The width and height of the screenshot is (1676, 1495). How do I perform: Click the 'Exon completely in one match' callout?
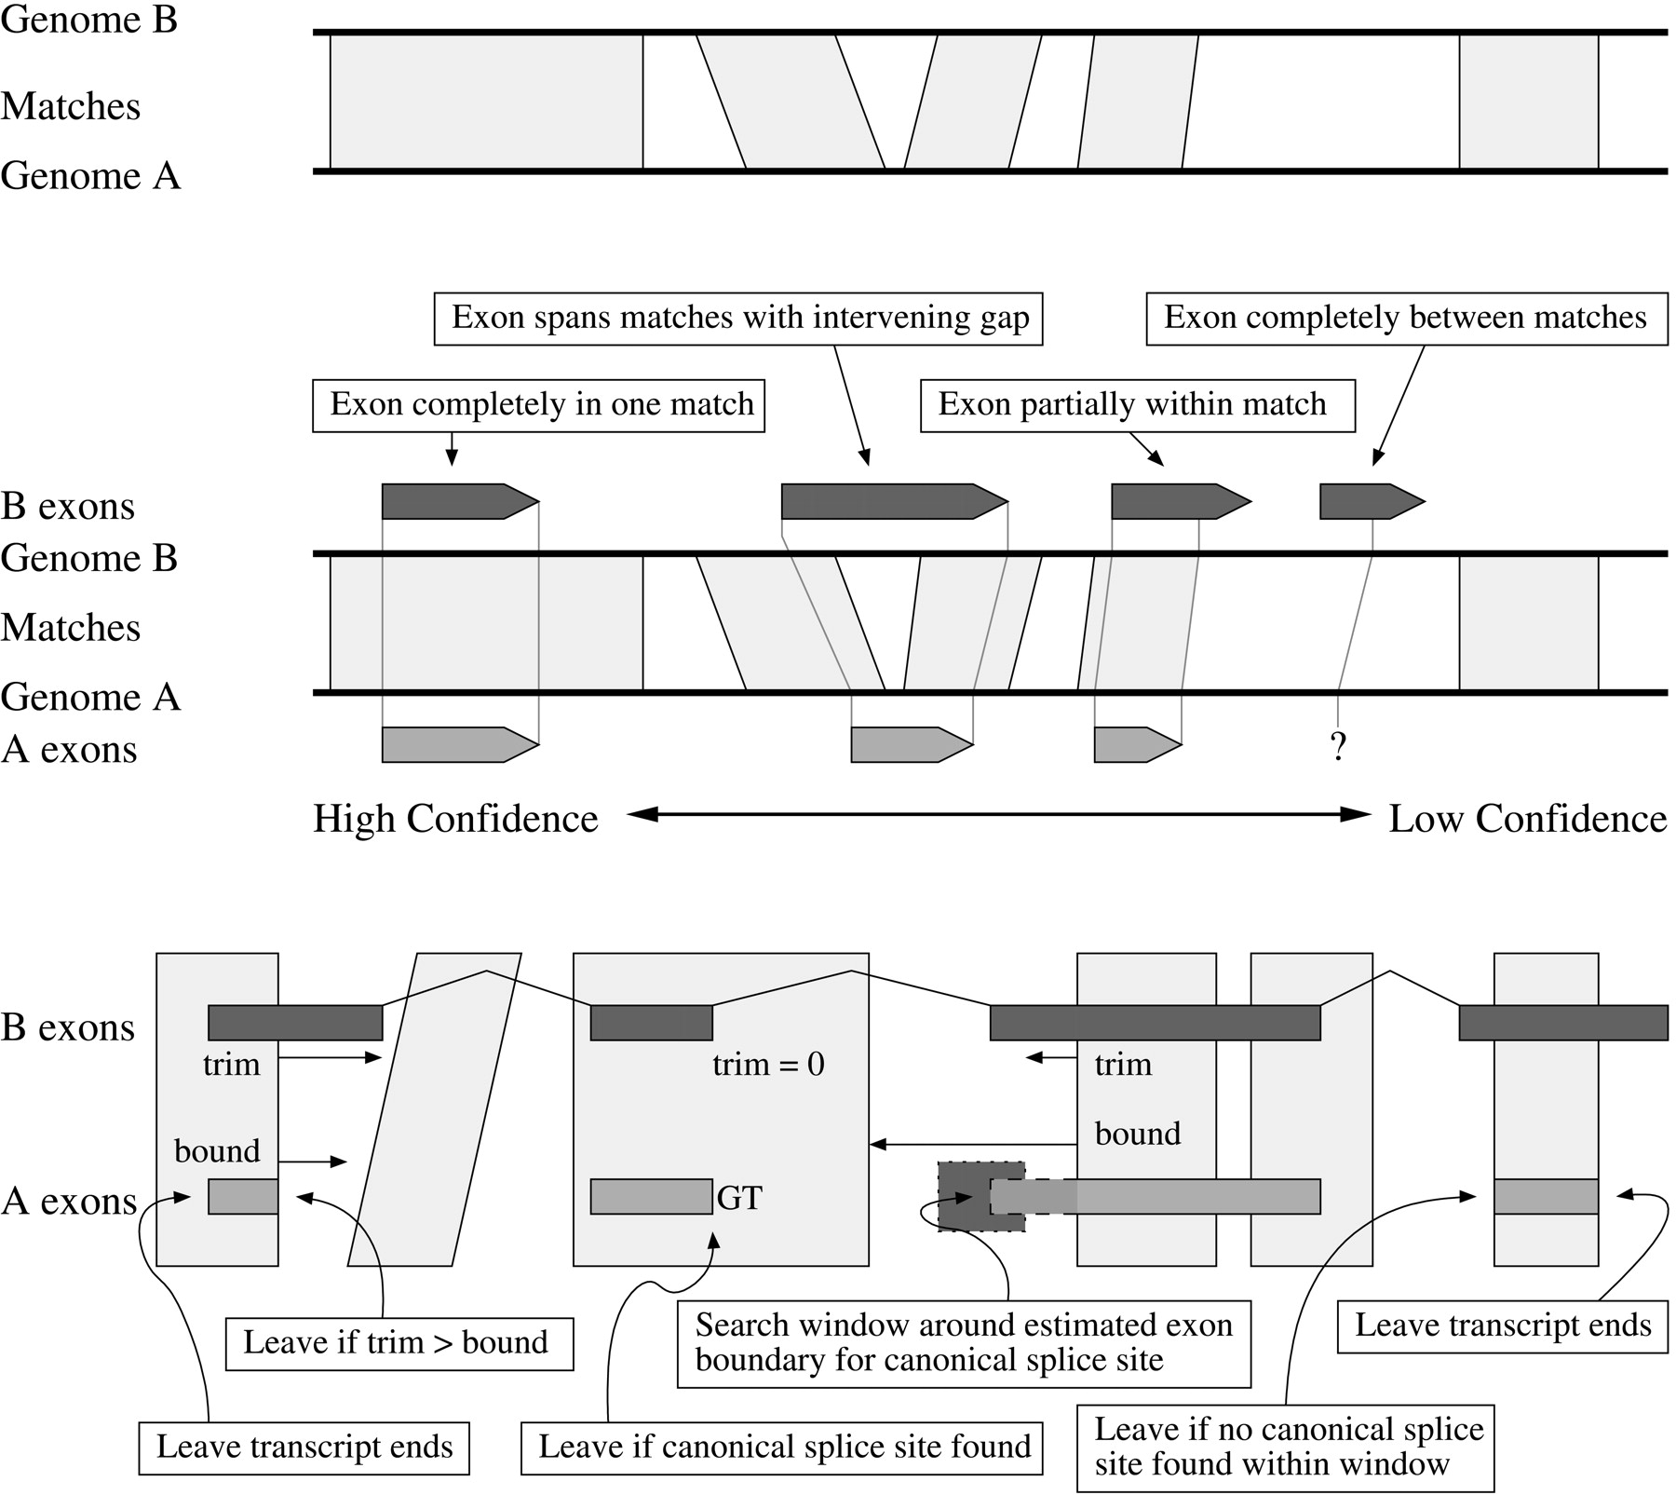click(x=538, y=405)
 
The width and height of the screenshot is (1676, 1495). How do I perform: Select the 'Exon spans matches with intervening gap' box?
click(x=737, y=319)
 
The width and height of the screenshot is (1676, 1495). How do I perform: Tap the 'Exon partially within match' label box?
click(x=1137, y=405)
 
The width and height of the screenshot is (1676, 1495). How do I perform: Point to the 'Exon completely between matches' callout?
click(x=1406, y=319)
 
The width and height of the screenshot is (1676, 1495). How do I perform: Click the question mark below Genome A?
click(x=1338, y=746)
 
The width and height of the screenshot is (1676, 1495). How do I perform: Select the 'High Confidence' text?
click(x=455, y=819)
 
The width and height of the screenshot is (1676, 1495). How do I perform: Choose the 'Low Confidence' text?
click(x=1527, y=819)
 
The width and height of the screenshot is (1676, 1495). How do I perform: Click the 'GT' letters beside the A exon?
click(x=739, y=1198)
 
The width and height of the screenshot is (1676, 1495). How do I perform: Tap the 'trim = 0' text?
click(x=768, y=1065)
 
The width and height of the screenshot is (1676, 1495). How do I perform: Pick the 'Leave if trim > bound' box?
click(x=399, y=1343)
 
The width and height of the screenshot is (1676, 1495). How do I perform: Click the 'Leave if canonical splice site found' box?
click(x=781, y=1447)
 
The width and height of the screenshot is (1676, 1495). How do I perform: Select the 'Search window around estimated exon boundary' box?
click(x=964, y=1343)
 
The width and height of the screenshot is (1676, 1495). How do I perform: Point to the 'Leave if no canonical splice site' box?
click(x=1285, y=1447)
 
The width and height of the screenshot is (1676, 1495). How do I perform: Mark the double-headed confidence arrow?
click(x=998, y=815)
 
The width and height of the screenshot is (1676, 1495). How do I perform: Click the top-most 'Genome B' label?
click(x=89, y=20)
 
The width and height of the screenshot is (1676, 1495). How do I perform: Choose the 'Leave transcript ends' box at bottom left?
click(x=304, y=1447)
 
